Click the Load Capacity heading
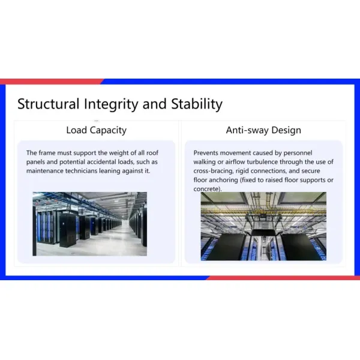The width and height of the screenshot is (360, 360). click(x=96, y=130)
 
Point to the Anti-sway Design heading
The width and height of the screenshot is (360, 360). click(x=263, y=130)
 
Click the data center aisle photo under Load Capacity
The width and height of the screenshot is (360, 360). click(x=90, y=224)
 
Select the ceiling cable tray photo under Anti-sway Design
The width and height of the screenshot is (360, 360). click(x=263, y=226)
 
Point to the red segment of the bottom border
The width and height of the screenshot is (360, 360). click(x=282, y=278)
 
